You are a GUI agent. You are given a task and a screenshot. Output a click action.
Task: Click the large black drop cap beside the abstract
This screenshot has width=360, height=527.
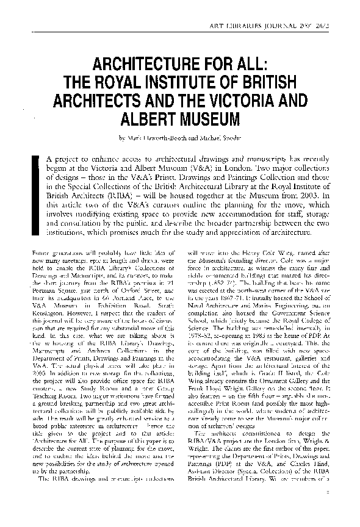[x=36, y=193]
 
